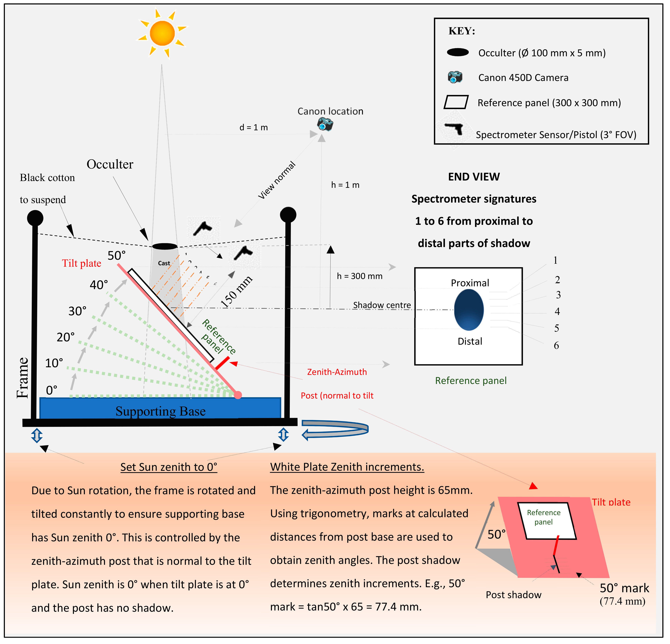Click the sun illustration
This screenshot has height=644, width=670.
(x=162, y=33)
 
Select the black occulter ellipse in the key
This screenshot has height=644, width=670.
(x=458, y=52)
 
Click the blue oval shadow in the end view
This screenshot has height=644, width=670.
(x=469, y=310)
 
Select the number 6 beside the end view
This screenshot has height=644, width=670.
(x=556, y=346)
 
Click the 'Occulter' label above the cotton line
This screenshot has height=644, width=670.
(x=110, y=164)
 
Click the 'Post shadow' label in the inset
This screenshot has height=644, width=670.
(x=513, y=595)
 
